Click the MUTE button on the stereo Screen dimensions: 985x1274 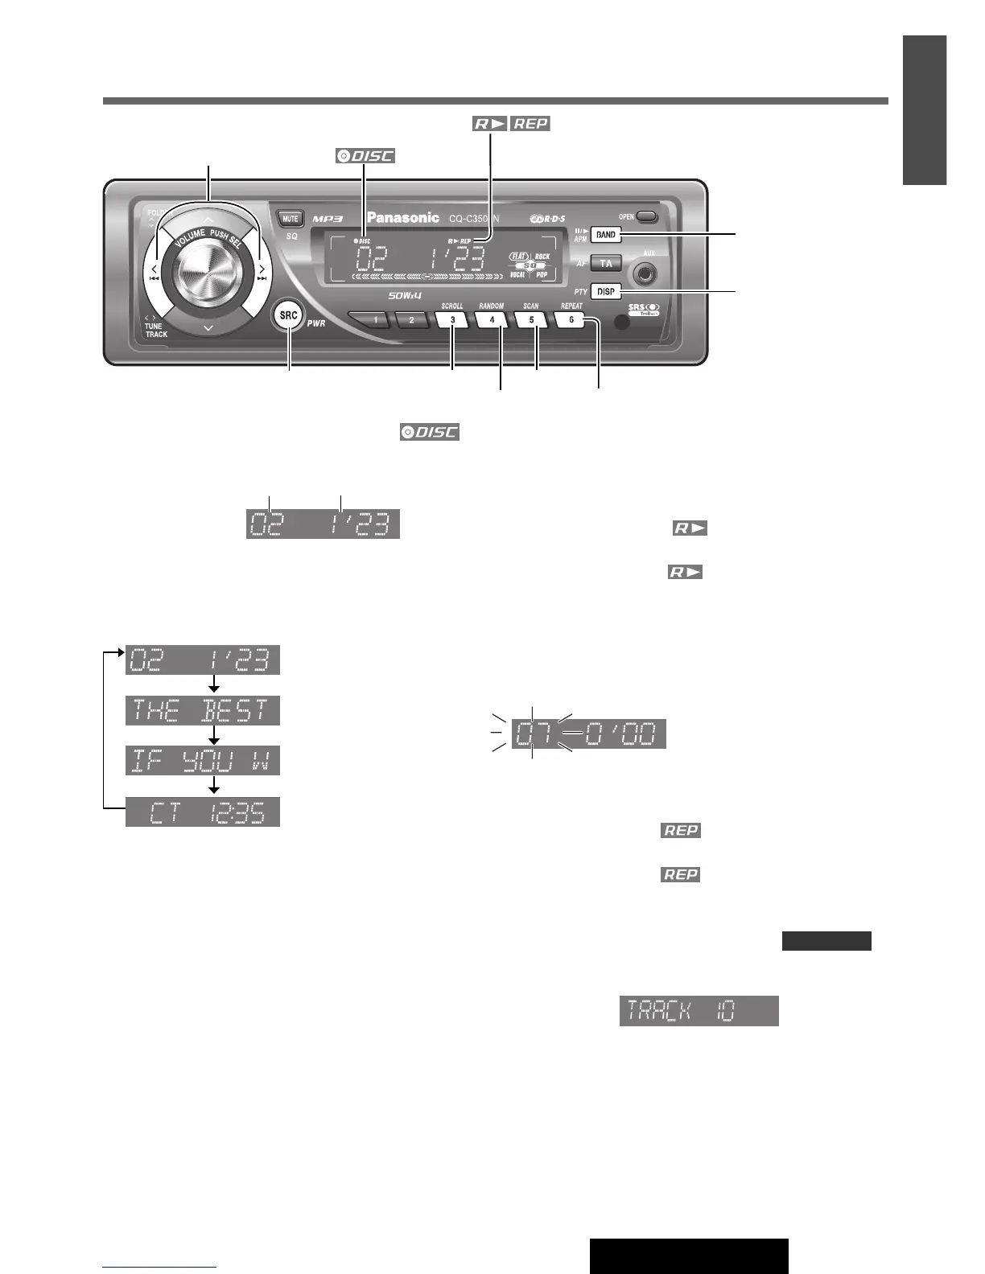(290, 219)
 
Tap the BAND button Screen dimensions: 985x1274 (606, 235)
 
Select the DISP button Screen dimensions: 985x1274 (606, 291)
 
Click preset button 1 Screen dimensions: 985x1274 (375, 319)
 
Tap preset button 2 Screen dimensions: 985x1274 (411, 319)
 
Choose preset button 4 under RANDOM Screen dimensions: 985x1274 (492, 319)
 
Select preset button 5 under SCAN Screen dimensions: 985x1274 (531, 319)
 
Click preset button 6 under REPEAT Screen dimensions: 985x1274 (571, 319)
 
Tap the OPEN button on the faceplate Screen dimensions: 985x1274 (646, 217)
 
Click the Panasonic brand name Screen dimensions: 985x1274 (403, 217)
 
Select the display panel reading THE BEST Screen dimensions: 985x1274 (203, 711)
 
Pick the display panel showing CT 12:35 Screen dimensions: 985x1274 (203, 812)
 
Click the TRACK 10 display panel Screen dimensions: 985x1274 (699, 1010)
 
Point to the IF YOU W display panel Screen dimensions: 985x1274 (203, 761)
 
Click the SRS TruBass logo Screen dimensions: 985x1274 (643, 309)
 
